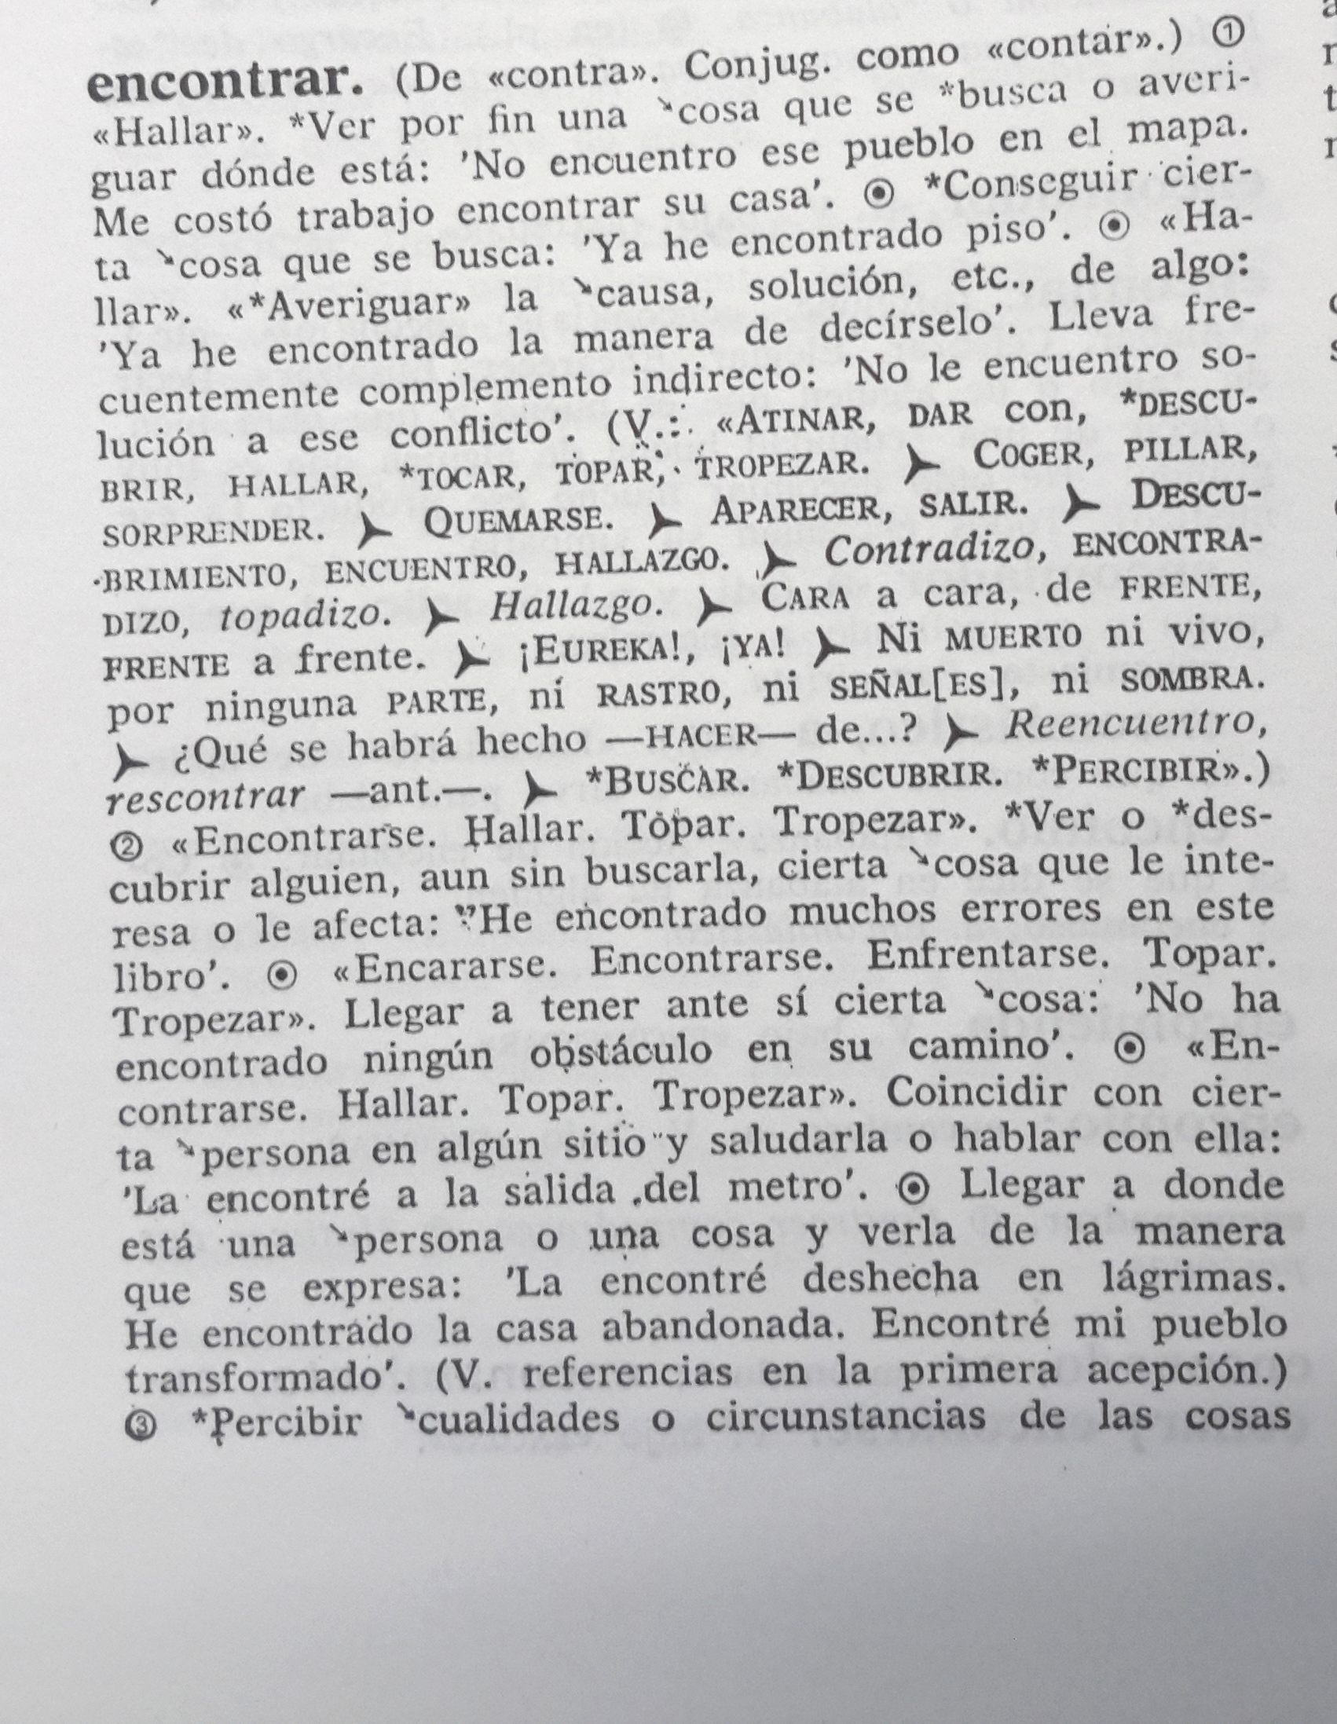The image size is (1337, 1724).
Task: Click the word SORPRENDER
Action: point(214,531)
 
